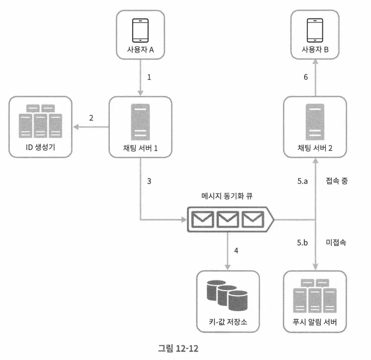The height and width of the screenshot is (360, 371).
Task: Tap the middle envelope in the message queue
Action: coord(228,218)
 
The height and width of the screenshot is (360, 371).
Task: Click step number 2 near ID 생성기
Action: coord(91,118)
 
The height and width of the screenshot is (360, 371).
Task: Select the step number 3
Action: coord(150,181)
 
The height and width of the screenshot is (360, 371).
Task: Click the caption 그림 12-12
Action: coord(180,347)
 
